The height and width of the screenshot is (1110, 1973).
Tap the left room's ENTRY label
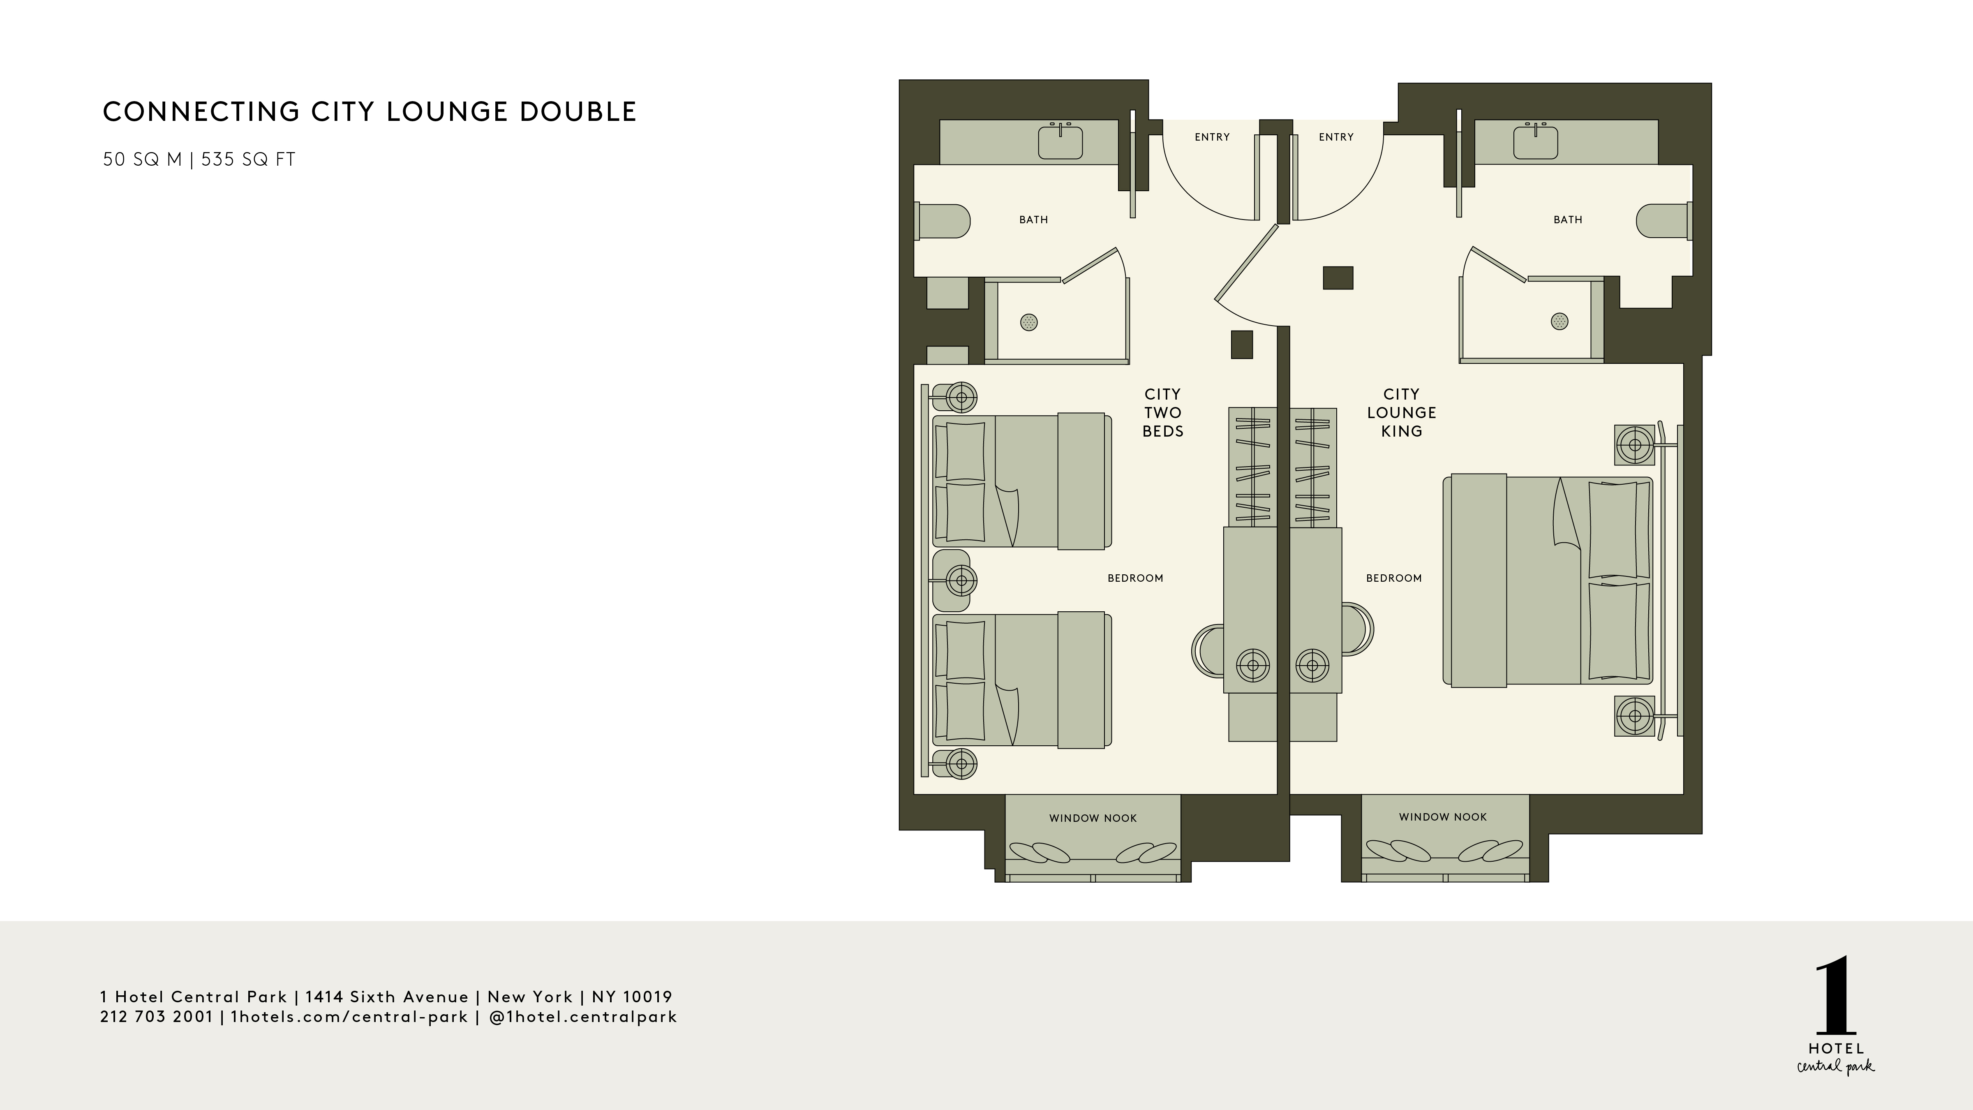1212,137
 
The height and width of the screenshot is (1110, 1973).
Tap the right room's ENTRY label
1336,137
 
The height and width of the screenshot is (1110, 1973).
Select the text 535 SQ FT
248,160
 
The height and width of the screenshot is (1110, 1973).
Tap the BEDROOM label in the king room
1394,578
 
